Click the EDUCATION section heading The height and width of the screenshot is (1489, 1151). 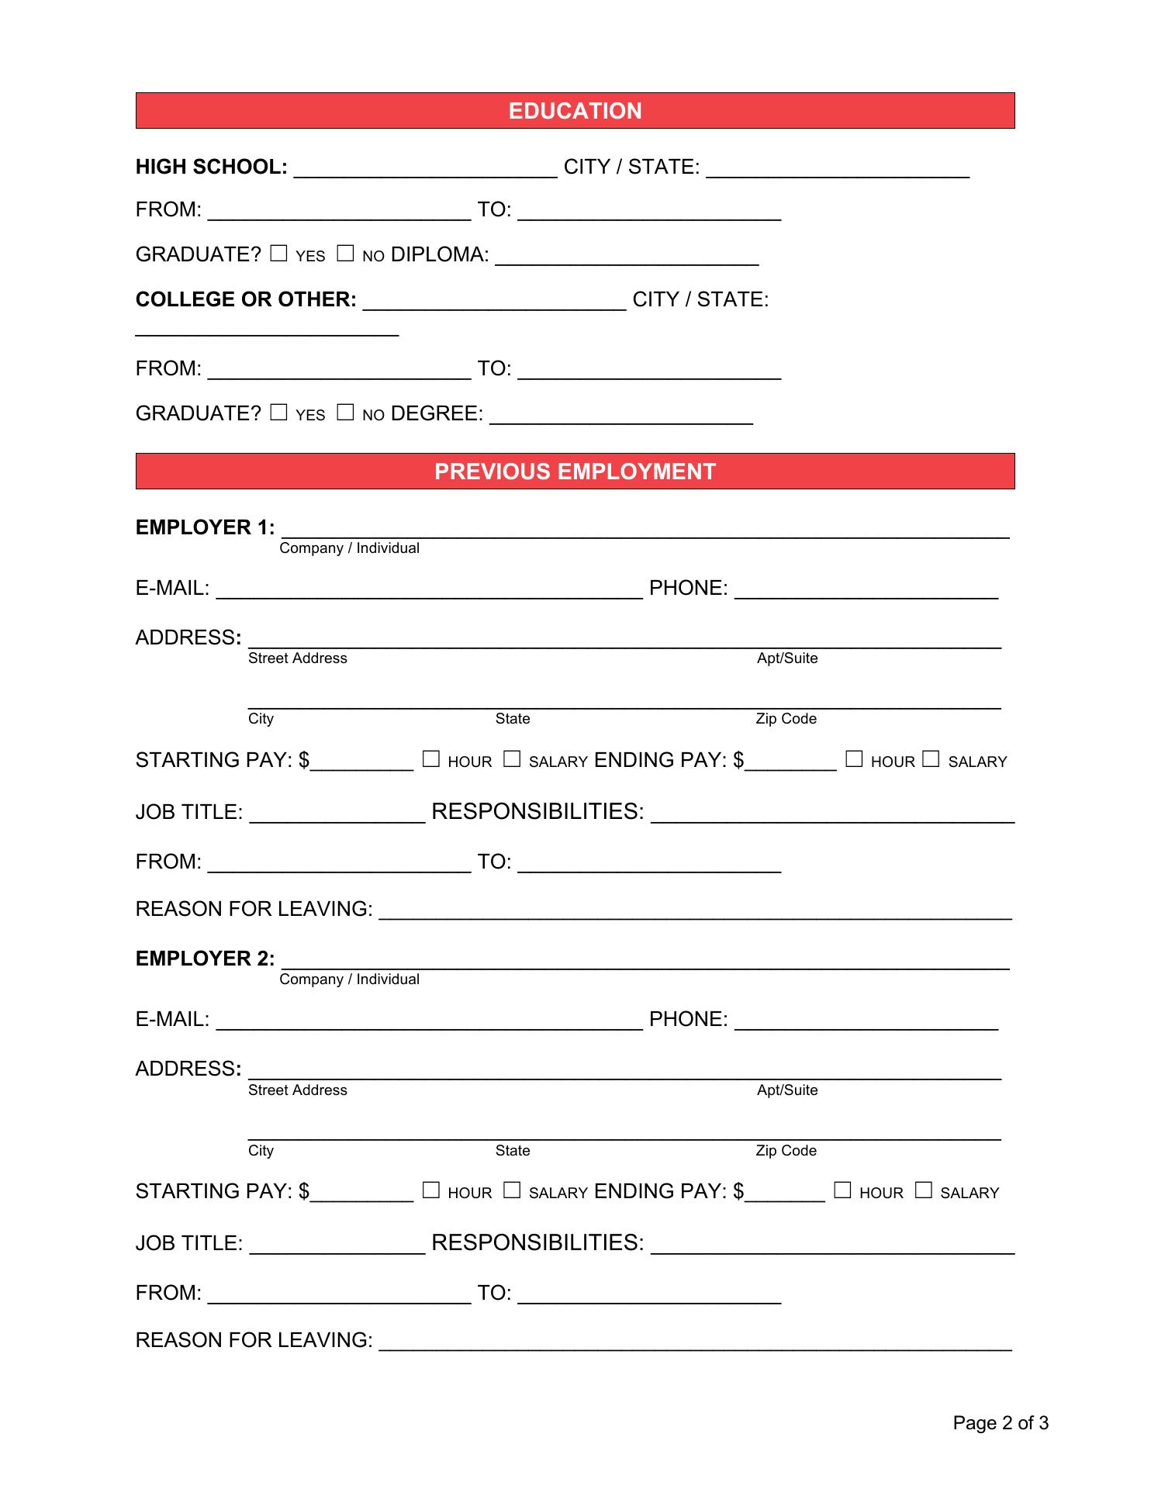(575, 111)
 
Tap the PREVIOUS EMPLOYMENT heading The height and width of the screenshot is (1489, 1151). (575, 472)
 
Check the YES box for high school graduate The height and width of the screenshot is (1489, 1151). (278, 254)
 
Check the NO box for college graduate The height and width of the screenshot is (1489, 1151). (345, 413)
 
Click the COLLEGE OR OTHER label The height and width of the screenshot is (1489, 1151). (246, 299)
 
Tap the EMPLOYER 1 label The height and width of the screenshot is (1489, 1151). (205, 527)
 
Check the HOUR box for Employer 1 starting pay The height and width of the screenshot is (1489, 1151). (430, 759)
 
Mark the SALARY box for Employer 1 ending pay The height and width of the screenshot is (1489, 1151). (931, 759)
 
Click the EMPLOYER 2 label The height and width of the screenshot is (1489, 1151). (205, 959)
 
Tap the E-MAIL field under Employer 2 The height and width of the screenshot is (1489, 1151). (429, 1021)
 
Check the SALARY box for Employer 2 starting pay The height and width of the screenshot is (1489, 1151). (511, 1190)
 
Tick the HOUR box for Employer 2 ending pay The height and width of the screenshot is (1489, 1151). (842, 1190)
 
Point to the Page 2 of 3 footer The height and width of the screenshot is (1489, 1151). (1001, 1423)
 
